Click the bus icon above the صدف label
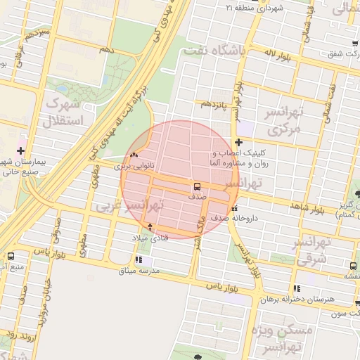[x=196, y=186]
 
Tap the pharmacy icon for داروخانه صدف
[x=235, y=208]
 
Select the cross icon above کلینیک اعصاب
[x=239, y=142]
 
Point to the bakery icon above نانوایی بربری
[x=133, y=155]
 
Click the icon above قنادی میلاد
[x=150, y=227]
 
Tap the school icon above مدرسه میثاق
[x=148, y=259]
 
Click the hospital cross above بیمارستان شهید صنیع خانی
[x=20, y=150]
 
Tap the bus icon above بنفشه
[x=354, y=265]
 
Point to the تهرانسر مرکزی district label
[x=284, y=121]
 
